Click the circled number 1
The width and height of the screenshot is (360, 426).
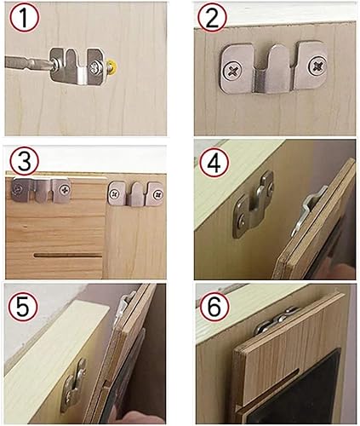click(24, 18)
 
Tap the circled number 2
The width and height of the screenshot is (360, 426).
click(213, 18)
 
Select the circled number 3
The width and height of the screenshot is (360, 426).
click(24, 161)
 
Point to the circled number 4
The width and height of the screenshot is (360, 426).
click(214, 163)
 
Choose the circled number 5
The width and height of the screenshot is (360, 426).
click(22, 307)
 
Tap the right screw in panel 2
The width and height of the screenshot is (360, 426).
click(317, 66)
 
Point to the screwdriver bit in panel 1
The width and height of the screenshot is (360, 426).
click(28, 64)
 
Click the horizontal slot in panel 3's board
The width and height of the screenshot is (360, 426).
click(68, 256)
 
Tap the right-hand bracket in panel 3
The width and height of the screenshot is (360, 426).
click(135, 193)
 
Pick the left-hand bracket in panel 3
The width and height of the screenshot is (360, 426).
click(41, 190)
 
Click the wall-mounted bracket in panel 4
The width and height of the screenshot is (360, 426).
click(254, 204)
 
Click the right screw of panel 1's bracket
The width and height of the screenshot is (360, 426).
click(94, 67)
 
